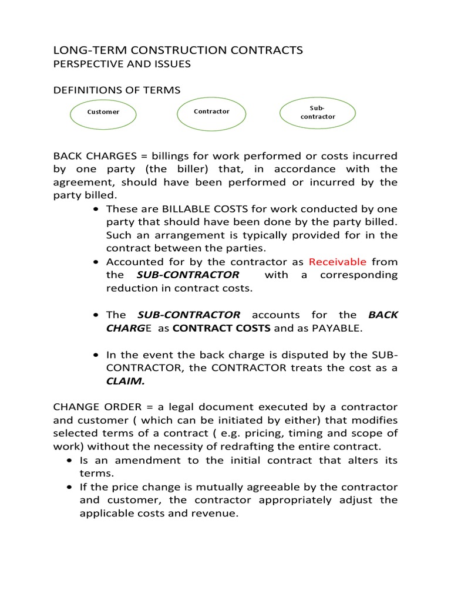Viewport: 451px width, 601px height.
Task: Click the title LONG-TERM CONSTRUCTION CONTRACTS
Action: point(178,50)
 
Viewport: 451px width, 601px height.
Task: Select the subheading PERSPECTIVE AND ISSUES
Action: point(122,64)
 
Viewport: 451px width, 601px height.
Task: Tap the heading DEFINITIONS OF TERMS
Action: point(117,90)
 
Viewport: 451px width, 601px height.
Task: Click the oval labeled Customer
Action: point(103,112)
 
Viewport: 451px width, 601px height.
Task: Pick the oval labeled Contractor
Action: point(211,112)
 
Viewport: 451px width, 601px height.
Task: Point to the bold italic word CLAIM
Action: point(125,381)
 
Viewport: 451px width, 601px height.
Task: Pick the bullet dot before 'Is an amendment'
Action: point(70,461)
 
